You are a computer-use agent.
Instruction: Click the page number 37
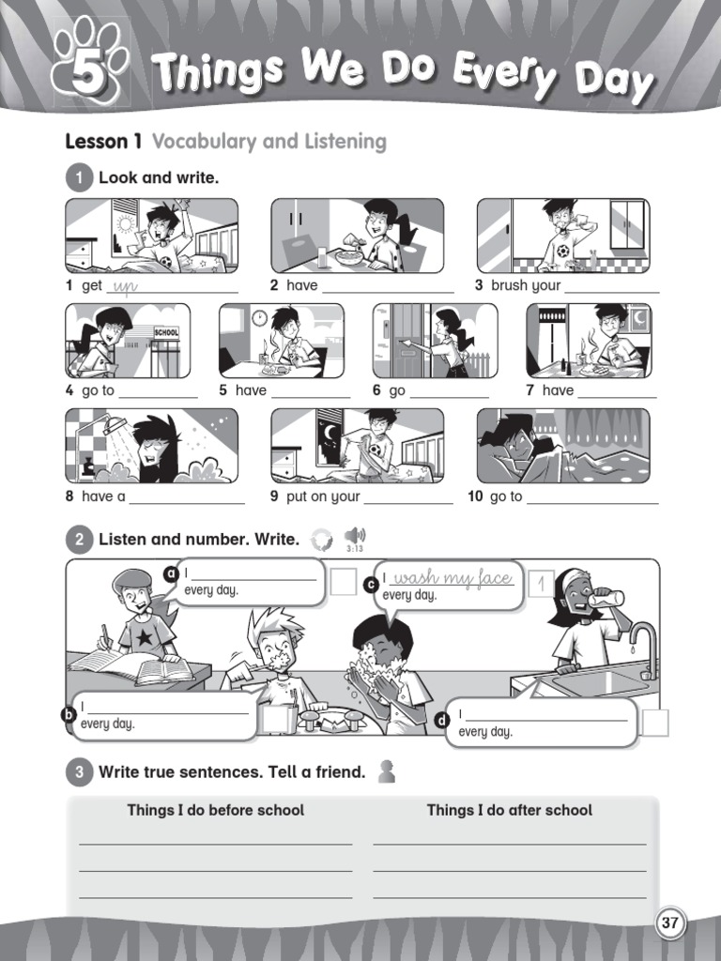pyautogui.click(x=669, y=923)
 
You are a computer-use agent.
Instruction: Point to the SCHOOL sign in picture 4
pyautogui.click(x=165, y=332)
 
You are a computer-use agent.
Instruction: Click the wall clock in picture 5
pyautogui.click(x=259, y=318)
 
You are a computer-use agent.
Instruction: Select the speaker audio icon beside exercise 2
pyautogui.click(x=355, y=536)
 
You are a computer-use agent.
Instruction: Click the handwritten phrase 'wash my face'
pyautogui.click(x=453, y=578)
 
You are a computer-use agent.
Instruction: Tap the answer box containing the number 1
pyautogui.click(x=541, y=584)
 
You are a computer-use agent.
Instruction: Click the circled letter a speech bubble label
pyautogui.click(x=171, y=573)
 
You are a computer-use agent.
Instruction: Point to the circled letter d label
pyautogui.click(x=442, y=721)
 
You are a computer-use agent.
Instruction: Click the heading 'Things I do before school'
pyautogui.click(x=215, y=810)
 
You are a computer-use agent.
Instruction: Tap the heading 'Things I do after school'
pyautogui.click(x=509, y=810)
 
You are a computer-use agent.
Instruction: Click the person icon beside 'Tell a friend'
pyautogui.click(x=385, y=771)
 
